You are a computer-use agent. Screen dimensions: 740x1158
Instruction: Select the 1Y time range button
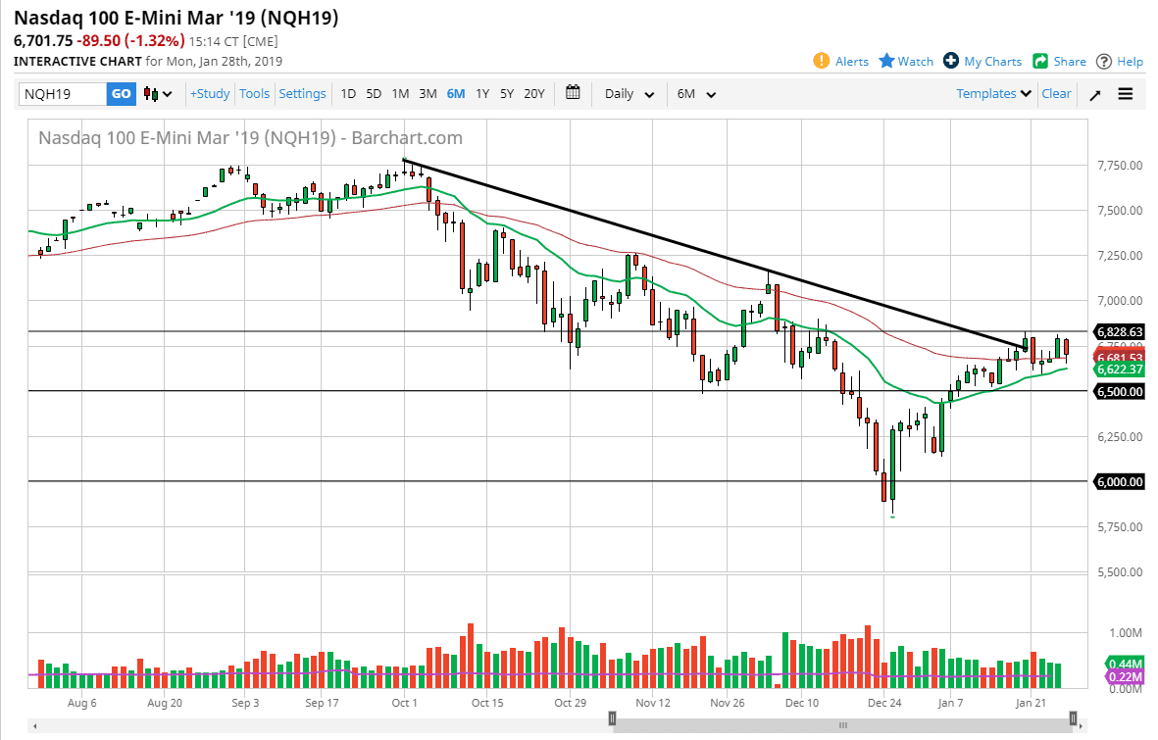tap(482, 94)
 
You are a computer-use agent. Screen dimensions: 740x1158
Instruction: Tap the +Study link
tap(210, 94)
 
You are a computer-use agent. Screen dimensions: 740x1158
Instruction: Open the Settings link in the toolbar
tap(302, 94)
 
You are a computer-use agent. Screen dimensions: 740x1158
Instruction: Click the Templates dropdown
tap(994, 94)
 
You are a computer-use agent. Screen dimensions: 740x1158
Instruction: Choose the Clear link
tap(1056, 94)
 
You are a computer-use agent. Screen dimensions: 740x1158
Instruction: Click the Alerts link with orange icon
tap(841, 61)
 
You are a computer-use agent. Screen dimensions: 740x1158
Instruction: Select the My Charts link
tap(982, 61)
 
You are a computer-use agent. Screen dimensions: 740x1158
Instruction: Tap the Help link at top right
tap(1120, 61)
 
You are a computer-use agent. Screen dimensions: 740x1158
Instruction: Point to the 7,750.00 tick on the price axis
tap(1120, 166)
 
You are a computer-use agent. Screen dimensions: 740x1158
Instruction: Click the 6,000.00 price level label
tap(1120, 481)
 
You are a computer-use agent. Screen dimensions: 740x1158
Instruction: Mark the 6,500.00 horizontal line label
tap(1120, 391)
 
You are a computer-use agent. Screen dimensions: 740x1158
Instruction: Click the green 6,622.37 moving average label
tap(1120, 370)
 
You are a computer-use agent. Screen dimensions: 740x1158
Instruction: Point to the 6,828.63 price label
tap(1120, 332)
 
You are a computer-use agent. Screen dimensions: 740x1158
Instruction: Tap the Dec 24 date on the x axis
tap(884, 703)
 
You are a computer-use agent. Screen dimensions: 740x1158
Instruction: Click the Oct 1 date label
tap(404, 703)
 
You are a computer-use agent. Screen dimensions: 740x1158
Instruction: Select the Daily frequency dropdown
tap(629, 94)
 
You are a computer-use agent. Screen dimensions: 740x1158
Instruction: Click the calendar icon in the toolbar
tap(573, 93)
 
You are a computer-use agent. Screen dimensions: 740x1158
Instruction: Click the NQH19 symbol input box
tap(63, 94)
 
